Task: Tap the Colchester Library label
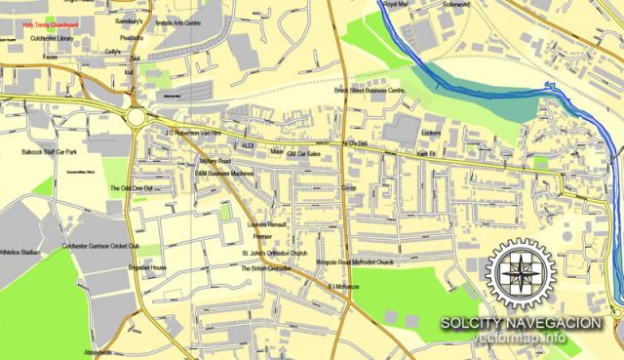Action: [x=52, y=38]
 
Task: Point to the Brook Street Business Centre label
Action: [x=370, y=90]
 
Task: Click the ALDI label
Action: [x=248, y=144]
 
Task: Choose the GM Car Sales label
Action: [x=304, y=153]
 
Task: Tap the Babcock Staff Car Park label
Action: [x=50, y=153]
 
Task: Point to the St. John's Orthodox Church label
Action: [x=274, y=254]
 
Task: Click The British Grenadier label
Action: [x=267, y=268]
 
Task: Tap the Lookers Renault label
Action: [x=269, y=223]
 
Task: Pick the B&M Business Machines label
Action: [x=225, y=173]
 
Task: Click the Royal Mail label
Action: [x=396, y=5]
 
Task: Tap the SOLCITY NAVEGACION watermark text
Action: [x=520, y=323]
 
